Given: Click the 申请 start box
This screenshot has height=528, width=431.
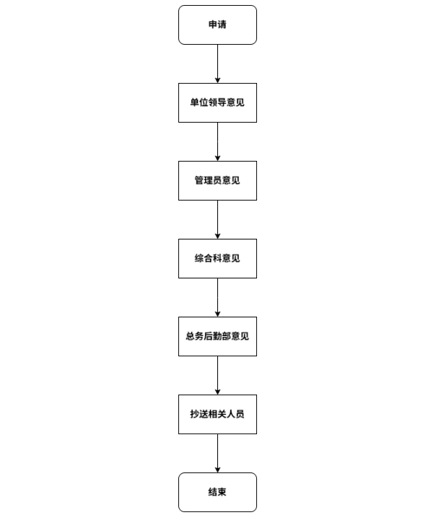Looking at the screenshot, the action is pos(217,25).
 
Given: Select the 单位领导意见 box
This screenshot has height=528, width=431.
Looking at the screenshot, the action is pos(217,102).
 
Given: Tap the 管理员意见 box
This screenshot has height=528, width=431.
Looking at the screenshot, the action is pos(217,180).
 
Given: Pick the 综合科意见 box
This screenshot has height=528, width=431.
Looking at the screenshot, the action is pos(217,259).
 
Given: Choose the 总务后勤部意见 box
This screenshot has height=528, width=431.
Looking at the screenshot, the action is pos(217,336).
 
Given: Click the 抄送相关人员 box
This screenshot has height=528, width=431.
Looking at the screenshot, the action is pos(217,414).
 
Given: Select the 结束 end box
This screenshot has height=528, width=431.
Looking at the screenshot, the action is pos(217,493).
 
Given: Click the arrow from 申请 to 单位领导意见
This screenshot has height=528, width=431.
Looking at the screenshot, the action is pos(217,63).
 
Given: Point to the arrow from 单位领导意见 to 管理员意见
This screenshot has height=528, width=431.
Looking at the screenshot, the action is pos(217,142).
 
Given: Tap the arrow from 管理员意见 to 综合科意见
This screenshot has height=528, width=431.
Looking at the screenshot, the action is pos(217,219).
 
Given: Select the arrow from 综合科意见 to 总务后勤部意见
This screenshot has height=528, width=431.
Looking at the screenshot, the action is pos(217,298).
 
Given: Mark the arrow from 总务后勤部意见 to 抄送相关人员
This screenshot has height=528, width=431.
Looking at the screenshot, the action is pos(217,376).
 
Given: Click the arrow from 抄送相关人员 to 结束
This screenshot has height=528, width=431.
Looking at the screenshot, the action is pos(217,453).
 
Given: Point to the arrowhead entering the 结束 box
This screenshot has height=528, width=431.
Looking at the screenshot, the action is pos(217,470).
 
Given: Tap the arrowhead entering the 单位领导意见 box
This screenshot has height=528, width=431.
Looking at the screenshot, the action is pos(217,81).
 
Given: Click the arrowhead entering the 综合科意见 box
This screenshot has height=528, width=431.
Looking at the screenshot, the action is pos(217,237).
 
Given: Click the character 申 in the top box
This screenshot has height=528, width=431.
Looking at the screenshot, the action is pos(213,25).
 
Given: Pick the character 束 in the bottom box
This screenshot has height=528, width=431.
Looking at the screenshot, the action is pos(222,492).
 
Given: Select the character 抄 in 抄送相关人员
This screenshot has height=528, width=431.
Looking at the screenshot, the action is pos(194,414).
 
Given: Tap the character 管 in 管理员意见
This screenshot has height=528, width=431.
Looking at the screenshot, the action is pos(199,180).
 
